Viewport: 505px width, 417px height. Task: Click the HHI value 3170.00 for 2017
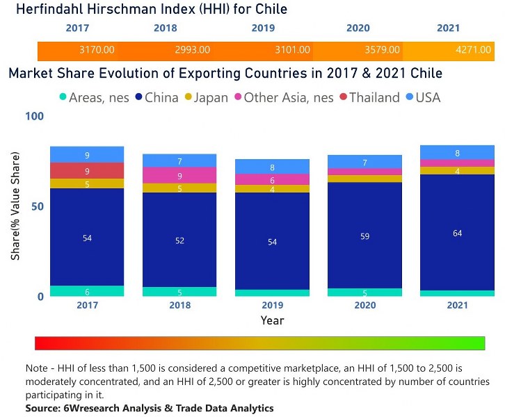pos(97,50)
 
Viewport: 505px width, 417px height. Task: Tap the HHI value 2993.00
pos(191,50)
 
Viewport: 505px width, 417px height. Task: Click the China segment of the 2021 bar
pos(457,232)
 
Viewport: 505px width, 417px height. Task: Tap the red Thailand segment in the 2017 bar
pos(87,171)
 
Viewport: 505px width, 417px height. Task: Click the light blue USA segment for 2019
pos(272,167)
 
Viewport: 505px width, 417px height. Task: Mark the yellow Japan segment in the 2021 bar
pos(457,171)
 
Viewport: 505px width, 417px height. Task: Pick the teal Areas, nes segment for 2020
pos(364,293)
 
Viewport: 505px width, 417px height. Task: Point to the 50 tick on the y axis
pos(36,206)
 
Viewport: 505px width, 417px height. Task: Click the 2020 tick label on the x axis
pos(364,305)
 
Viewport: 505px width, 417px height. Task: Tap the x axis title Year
pos(272,320)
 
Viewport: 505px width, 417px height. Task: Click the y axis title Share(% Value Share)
pos(15,206)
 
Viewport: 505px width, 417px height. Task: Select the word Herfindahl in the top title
pos(51,9)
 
